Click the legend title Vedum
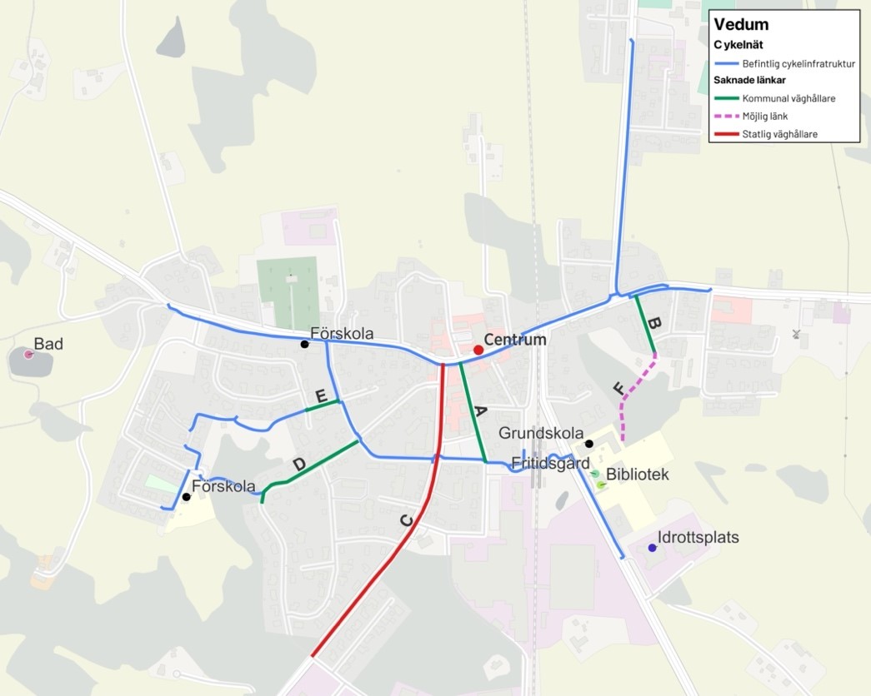coord(741,25)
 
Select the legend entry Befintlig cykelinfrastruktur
coord(798,63)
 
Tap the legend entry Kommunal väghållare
coord(788,98)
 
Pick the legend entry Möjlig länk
coord(764,116)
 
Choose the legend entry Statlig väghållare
coord(779,134)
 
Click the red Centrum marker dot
coord(478,350)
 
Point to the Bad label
coord(48,344)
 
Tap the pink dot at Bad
coord(28,355)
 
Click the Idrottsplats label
coord(698,538)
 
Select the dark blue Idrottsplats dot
coord(652,548)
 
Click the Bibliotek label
coord(638,475)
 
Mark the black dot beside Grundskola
coord(588,444)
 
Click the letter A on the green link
coord(480,410)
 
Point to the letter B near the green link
coord(654,326)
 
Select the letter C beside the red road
coord(406,521)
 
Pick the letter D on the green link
coord(301,464)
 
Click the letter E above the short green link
coord(320,395)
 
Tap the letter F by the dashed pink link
coord(618,388)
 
